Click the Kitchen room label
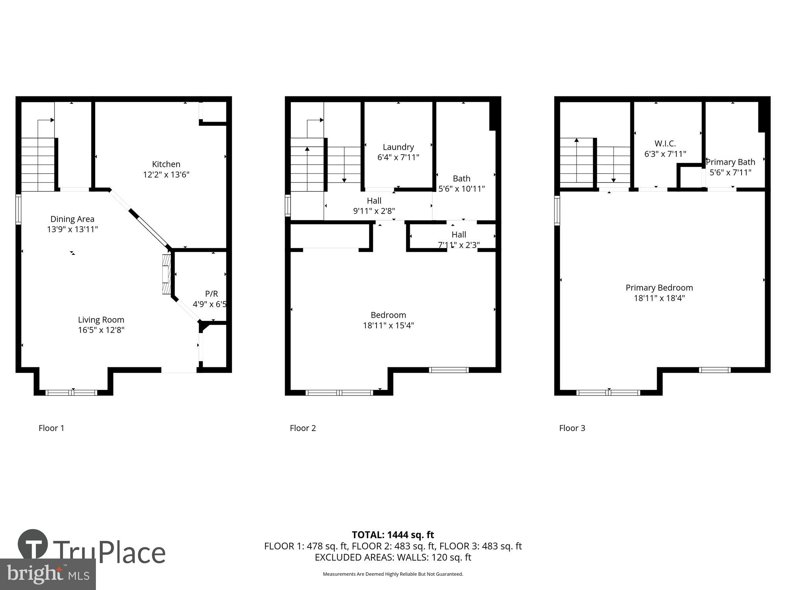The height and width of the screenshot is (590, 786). [x=166, y=164]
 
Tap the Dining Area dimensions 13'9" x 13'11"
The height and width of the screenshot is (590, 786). [x=72, y=229]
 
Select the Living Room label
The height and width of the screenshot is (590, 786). [x=101, y=320]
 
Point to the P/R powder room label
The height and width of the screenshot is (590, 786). [x=211, y=294]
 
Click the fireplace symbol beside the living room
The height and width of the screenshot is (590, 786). [x=167, y=274]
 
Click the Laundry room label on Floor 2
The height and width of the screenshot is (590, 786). [x=398, y=147]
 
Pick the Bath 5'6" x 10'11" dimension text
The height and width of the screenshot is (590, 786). [x=461, y=188]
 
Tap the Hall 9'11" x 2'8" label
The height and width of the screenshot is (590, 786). [x=374, y=206]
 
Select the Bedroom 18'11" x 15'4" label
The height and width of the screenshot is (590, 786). [x=388, y=320]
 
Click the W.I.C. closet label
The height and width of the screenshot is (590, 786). [x=665, y=144]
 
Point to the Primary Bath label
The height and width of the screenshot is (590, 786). [x=730, y=162]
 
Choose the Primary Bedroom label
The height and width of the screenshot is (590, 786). [x=659, y=288]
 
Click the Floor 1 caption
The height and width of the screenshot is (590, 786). [x=51, y=428]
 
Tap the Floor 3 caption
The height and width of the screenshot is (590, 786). [x=572, y=428]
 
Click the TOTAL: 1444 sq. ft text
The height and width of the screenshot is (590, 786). [x=393, y=535]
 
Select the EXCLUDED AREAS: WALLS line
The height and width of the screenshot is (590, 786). [x=393, y=557]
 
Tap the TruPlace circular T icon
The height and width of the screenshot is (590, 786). [x=33, y=545]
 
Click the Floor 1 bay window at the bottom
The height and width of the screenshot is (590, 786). [x=72, y=392]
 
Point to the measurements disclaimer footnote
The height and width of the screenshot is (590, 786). [x=393, y=574]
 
